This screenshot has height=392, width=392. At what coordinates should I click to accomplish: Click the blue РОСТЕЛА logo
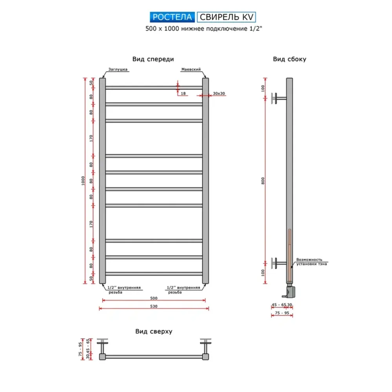(172, 17)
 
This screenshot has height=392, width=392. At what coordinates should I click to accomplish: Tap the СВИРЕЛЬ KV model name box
(226, 17)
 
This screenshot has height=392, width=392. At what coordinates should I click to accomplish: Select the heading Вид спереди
(153, 59)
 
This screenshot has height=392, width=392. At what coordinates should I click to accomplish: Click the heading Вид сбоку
(290, 59)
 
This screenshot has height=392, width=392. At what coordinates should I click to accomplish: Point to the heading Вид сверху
(154, 332)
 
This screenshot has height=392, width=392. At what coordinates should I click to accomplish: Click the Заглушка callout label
(118, 69)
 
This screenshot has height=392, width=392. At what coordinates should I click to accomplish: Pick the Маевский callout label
(191, 69)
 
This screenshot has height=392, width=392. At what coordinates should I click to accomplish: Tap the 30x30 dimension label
(219, 94)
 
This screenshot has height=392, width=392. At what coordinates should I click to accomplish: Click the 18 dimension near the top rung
(183, 94)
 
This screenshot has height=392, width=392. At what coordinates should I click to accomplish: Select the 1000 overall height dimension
(83, 181)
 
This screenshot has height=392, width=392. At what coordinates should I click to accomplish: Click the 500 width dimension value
(154, 298)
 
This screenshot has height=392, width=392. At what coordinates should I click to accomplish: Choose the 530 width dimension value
(154, 306)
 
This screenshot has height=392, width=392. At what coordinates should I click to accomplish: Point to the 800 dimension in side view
(263, 181)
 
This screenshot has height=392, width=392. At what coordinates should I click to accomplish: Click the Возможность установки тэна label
(312, 262)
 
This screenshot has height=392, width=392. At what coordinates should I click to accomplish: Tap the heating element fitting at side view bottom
(290, 291)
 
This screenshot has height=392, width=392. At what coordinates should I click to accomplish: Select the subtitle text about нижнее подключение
(204, 29)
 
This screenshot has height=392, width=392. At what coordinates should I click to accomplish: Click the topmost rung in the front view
(154, 88)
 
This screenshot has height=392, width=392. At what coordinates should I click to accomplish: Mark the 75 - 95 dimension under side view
(282, 313)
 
